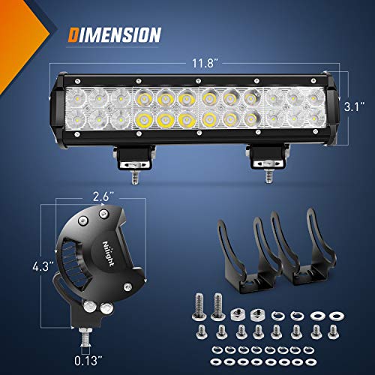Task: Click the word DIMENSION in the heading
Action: click(x=115, y=34)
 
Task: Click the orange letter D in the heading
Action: click(x=74, y=34)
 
